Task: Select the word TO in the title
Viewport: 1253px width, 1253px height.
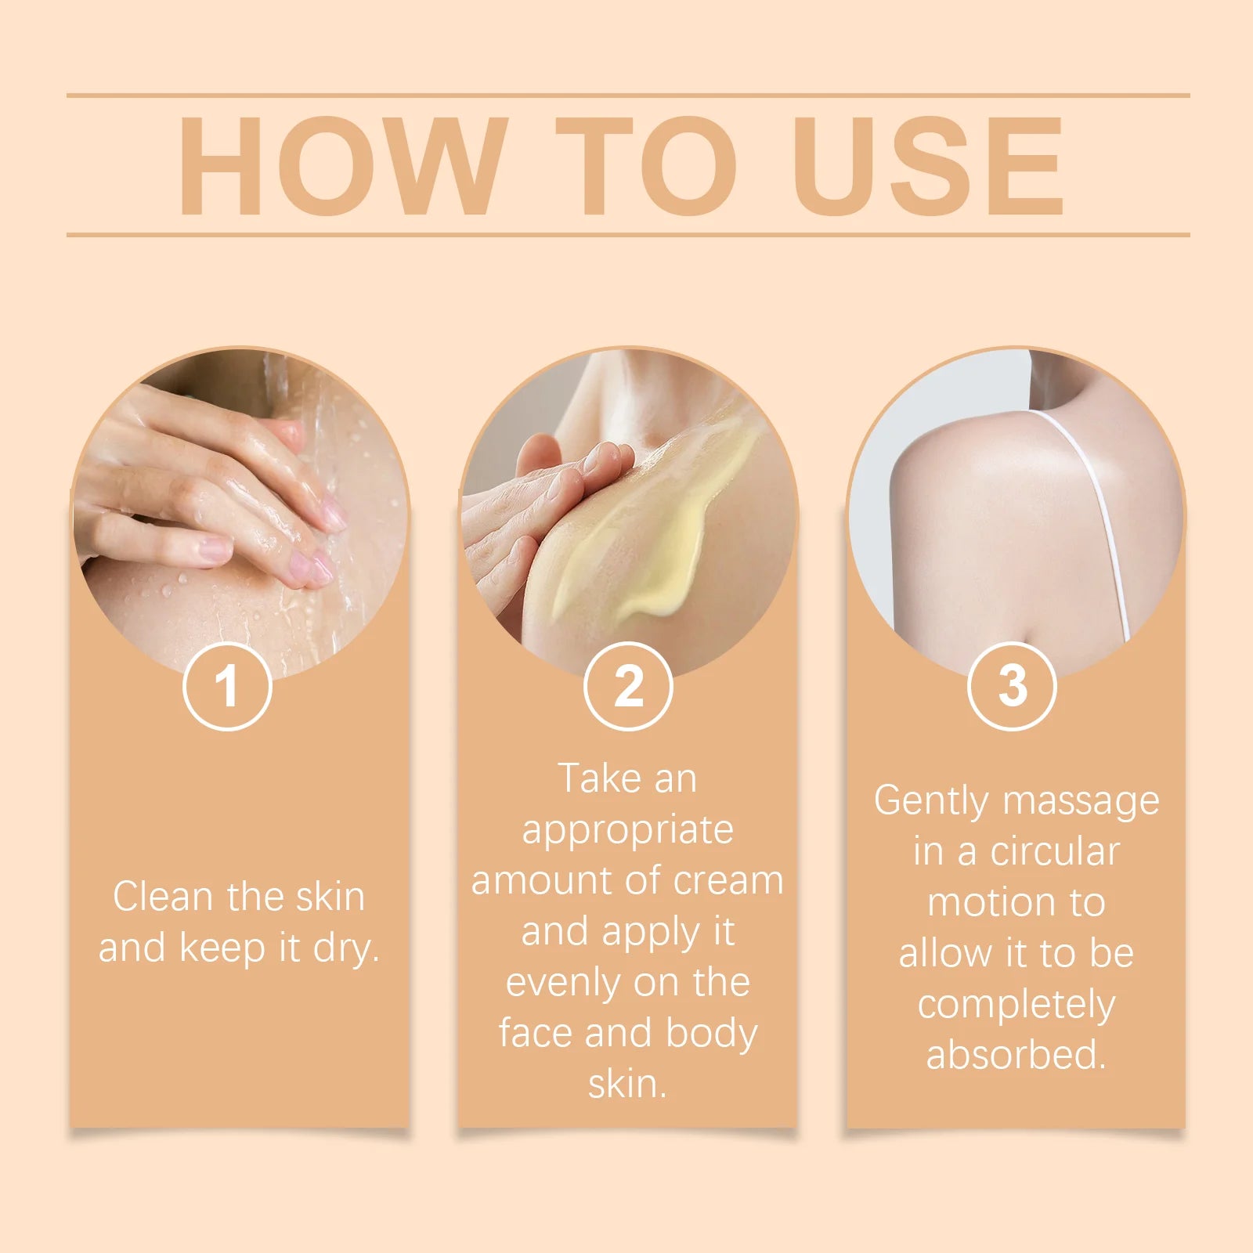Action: click(646, 166)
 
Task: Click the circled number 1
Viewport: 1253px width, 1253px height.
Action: click(227, 686)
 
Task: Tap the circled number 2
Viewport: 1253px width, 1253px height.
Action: click(628, 686)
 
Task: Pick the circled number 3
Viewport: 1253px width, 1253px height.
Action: click(1012, 686)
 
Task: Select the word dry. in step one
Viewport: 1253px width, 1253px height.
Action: click(346, 949)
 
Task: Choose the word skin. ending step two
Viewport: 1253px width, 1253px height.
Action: click(627, 1085)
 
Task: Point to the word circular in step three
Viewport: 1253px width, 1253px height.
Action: click(1055, 852)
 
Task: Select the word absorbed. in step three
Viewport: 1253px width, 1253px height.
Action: click(1016, 1055)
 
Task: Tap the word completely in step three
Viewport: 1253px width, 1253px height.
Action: click(1016, 1006)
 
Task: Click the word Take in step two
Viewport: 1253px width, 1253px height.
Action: click(599, 779)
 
